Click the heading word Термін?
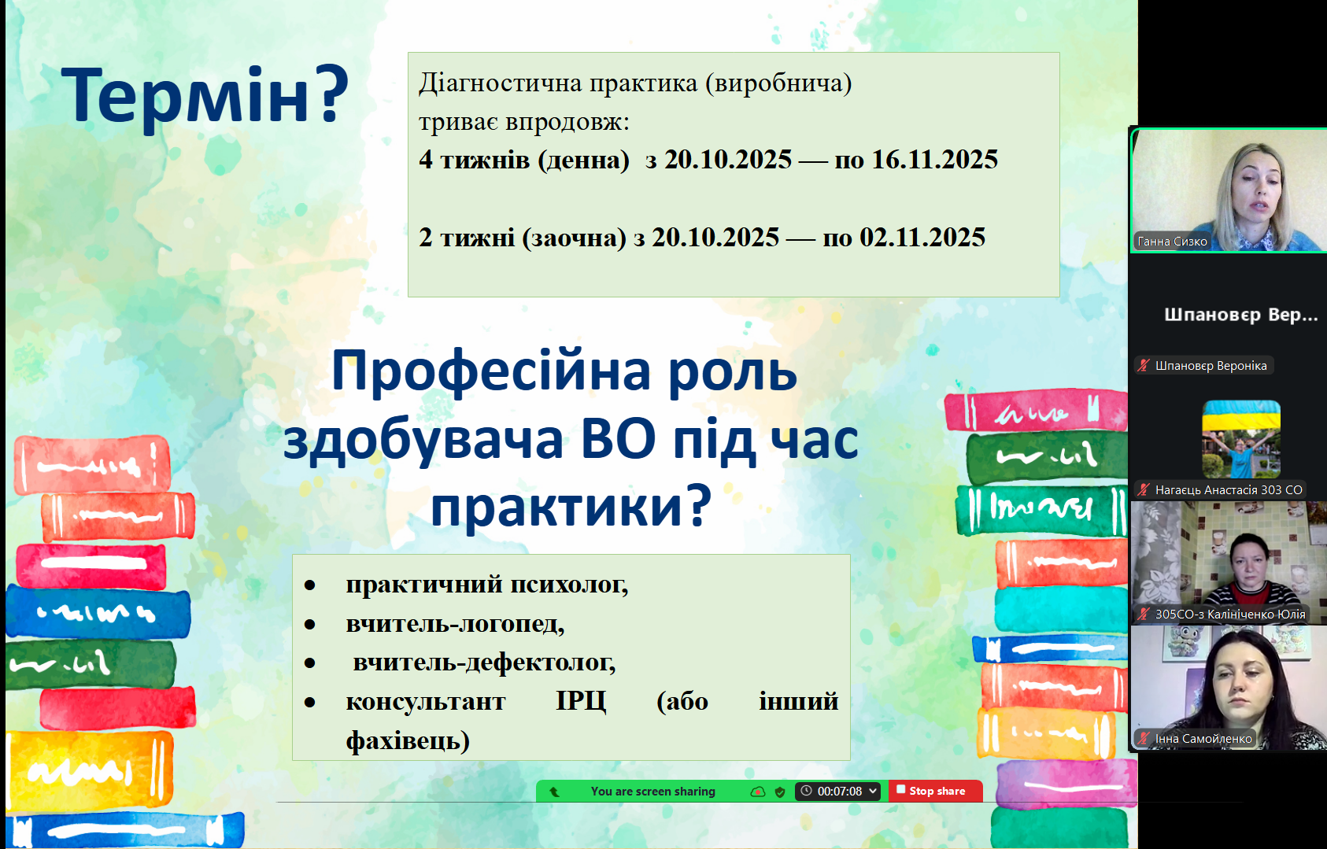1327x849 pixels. tap(205, 96)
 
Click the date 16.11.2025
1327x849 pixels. tap(935, 160)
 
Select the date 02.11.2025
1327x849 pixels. tap(922, 238)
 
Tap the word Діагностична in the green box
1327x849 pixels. tap(500, 83)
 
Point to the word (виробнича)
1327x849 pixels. tap(778, 83)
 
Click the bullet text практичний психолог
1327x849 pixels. tap(487, 585)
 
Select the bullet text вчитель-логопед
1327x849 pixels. tap(455, 624)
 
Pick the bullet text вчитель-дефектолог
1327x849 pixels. tap(484, 663)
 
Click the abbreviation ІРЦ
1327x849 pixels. tap(581, 702)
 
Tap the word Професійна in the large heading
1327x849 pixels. tap(491, 372)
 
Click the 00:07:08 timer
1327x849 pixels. tap(840, 792)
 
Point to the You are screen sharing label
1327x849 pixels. tap(652, 792)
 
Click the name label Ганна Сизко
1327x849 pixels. tap(1172, 242)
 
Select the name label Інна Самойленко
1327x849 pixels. tap(1203, 739)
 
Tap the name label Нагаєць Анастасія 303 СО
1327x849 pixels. tap(1229, 490)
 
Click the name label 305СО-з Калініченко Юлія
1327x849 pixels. tap(1230, 615)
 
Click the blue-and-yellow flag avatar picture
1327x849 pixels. tap(1241, 439)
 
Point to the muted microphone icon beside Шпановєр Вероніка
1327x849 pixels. tap(1144, 365)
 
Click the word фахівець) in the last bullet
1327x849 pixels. tap(408, 740)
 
